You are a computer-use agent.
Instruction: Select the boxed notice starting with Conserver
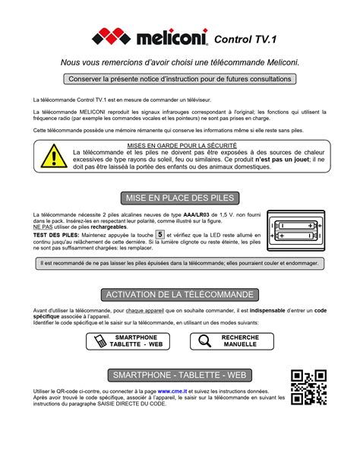pyautogui.click(x=179, y=78)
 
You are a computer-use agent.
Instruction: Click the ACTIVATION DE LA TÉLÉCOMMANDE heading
pyautogui.click(x=180, y=294)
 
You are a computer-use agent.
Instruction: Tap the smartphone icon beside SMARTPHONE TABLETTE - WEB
pyautogui.click(x=99, y=341)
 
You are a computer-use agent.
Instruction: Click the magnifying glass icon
pyautogui.click(x=204, y=341)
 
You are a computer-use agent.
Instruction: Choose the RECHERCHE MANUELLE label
pyautogui.click(x=240, y=341)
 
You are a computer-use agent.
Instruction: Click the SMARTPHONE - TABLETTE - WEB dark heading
pyautogui.click(x=180, y=376)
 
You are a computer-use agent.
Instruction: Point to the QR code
pyautogui.click(x=308, y=386)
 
